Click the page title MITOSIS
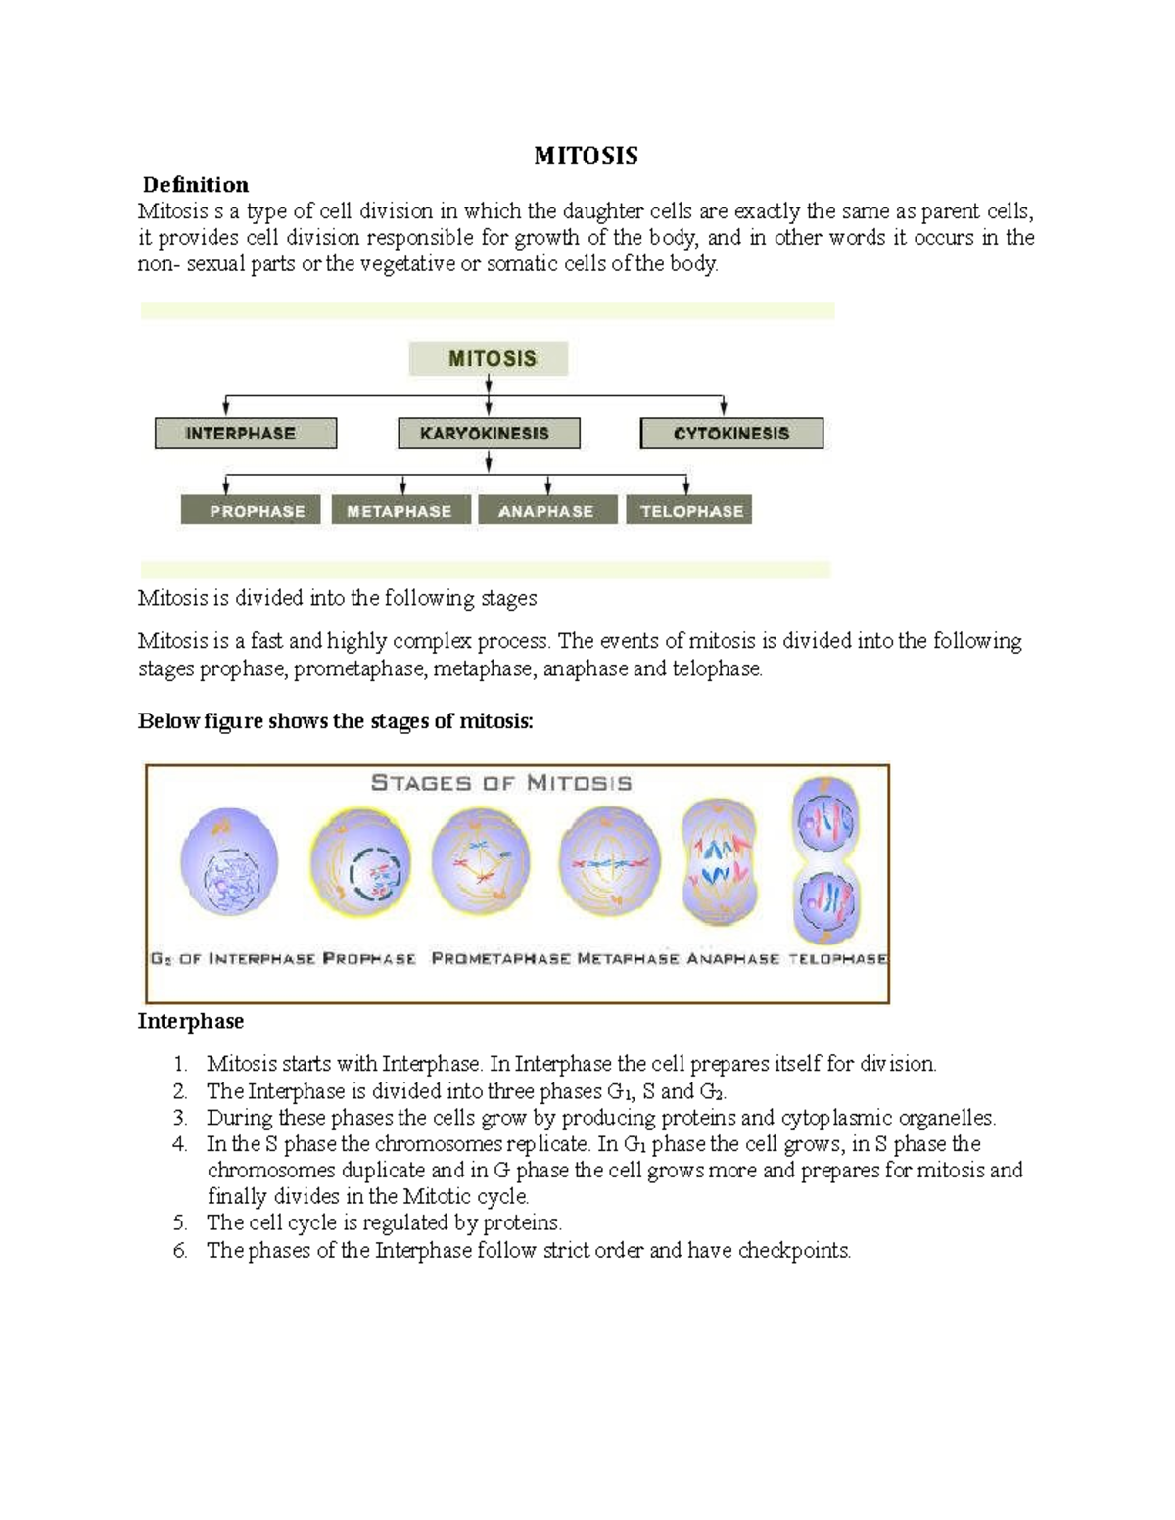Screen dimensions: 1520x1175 point(586,156)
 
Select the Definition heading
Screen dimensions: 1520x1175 point(196,185)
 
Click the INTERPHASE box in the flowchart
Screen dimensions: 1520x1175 point(245,434)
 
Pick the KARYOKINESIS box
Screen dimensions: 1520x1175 point(488,434)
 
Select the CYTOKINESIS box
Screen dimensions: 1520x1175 point(731,434)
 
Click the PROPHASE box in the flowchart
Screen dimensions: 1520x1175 point(252,511)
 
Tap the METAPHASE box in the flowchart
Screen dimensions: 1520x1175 point(400,511)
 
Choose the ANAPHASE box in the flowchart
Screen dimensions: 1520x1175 point(546,511)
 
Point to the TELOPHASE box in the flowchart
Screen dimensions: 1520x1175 point(691,511)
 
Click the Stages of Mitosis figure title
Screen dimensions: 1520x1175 point(500,783)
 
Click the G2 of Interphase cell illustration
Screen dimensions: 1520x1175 point(230,862)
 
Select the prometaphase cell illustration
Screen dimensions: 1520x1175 point(480,860)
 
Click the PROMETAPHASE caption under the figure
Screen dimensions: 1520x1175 point(500,959)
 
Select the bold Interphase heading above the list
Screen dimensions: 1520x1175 point(191,1021)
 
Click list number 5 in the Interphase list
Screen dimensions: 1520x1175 point(179,1222)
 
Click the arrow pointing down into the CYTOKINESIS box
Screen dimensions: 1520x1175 point(724,406)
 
